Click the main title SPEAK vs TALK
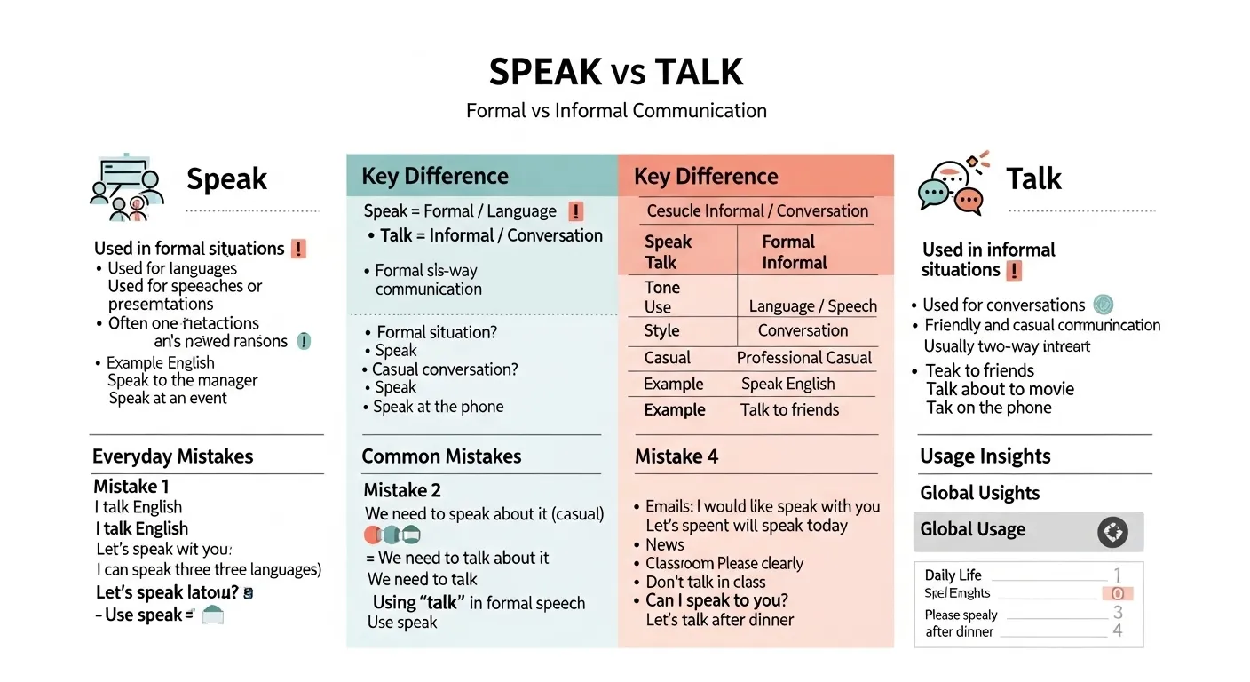coord(616,72)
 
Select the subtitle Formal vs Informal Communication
coord(616,111)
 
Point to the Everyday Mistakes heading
coord(172,456)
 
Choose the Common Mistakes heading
coord(441,456)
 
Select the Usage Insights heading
coord(985,456)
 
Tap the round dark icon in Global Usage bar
coord(1112,532)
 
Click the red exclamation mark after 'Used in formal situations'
coord(298,249)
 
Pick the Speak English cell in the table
coord(787,384)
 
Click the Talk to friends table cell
coord(789,409)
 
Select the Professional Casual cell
coord(803,358)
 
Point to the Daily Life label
coord(953,575)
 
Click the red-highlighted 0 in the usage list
coord(1118,593)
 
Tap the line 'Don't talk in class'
coord(705,582)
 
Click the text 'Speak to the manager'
coord(182,380)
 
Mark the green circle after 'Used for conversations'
coord(1104,305)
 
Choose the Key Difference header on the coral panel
coord(706,176)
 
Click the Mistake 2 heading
coord(401,490)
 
